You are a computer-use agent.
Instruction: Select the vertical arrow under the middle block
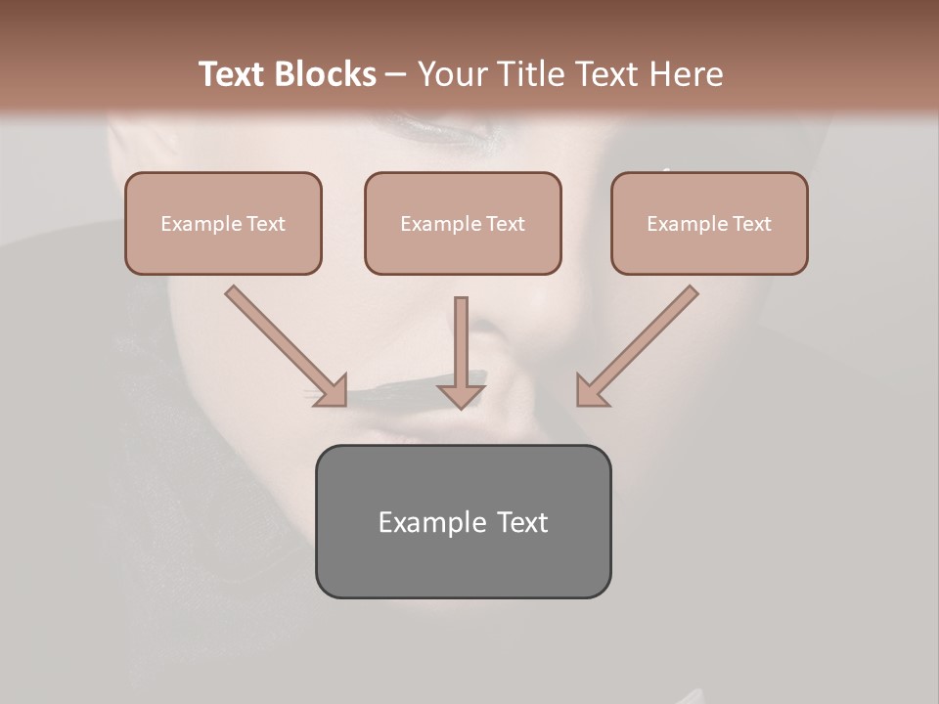click(x=461, y=347)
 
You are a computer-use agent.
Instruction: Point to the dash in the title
click(x=396, y=74)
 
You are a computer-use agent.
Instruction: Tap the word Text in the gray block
click(x=521, y=522)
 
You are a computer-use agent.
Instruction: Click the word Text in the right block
click(x=751, y=224)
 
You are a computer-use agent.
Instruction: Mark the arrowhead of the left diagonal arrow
click(x=334, y=392)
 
